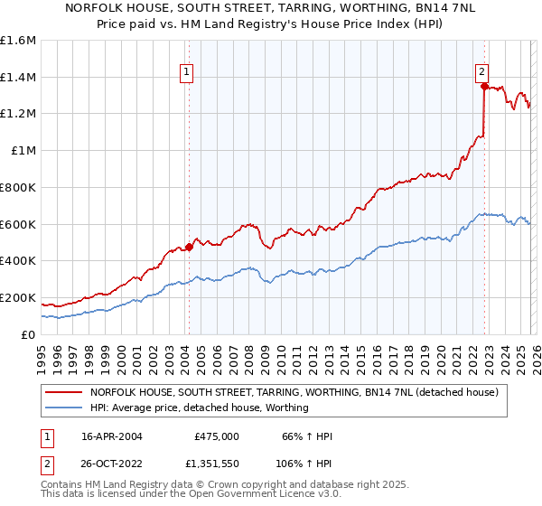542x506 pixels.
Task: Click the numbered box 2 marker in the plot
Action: pos(482,73)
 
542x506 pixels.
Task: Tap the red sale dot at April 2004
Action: pos(189,246)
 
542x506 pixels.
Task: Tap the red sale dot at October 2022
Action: pos(485,87)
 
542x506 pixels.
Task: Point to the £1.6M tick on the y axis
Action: pos(18,41)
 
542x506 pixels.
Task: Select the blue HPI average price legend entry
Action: pos(199,408)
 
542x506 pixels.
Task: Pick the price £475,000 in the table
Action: pos(217,436)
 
